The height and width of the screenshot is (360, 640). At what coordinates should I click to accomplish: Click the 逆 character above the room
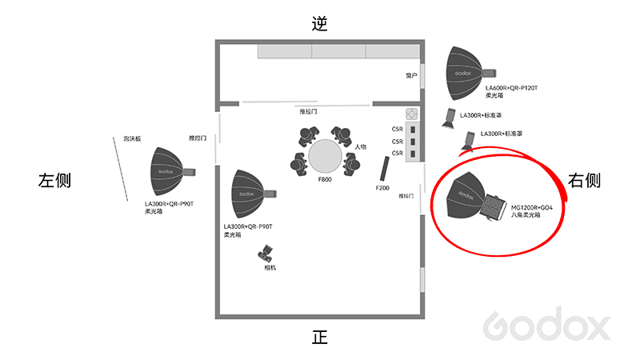point(319,23)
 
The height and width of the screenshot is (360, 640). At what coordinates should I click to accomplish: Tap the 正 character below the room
point(319,337)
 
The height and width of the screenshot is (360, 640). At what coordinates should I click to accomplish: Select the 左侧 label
point(54,180)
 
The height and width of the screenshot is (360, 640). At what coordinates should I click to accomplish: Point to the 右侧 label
point(584,180)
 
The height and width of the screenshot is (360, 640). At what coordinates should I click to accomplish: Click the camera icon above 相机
point(266,254)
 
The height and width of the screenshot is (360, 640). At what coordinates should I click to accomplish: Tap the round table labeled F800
point(325,157)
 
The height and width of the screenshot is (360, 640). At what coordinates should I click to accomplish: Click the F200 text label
point(382,188)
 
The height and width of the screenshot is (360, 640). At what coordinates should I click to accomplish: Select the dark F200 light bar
point(385,169)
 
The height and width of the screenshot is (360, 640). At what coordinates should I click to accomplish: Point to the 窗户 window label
point(411,75)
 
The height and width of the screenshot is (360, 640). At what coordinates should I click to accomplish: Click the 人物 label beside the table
point(361,146)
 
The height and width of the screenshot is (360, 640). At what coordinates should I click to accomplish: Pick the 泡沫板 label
point(132,138)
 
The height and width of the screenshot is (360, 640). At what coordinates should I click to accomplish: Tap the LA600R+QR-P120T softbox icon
point(470,74)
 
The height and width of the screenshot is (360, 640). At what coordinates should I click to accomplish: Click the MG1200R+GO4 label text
point(532,208)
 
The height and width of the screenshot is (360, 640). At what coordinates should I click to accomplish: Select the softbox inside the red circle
point(476,197)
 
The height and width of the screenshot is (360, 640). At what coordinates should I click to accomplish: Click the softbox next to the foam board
point(172,172)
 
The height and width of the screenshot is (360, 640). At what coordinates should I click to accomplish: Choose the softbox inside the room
point(253,194)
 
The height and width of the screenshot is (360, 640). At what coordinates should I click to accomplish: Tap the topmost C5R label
point(397,129)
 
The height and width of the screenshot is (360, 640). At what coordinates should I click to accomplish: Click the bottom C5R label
point(397,153)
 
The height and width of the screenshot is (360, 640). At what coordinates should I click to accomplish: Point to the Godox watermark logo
point(546,324)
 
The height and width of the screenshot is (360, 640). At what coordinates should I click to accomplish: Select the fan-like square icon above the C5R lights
point(411,114)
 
